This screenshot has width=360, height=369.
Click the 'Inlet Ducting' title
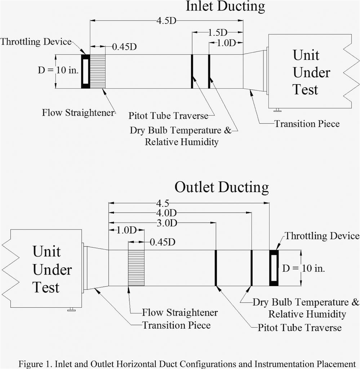225,6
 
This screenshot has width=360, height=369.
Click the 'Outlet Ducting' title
222,187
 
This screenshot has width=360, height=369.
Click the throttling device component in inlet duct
85,71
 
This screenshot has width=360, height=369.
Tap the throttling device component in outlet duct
274,268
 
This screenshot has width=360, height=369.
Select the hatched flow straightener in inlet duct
98,71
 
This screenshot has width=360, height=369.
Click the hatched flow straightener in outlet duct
137,268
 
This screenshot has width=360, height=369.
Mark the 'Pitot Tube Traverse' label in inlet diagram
168,116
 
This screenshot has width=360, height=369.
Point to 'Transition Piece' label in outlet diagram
177,325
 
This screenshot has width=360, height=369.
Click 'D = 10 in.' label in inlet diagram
58,70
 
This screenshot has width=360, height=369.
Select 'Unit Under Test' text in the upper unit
311,72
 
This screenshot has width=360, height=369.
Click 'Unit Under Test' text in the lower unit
52,269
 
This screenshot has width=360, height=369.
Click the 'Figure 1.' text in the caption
36,363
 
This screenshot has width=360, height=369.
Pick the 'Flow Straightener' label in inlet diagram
78,112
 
